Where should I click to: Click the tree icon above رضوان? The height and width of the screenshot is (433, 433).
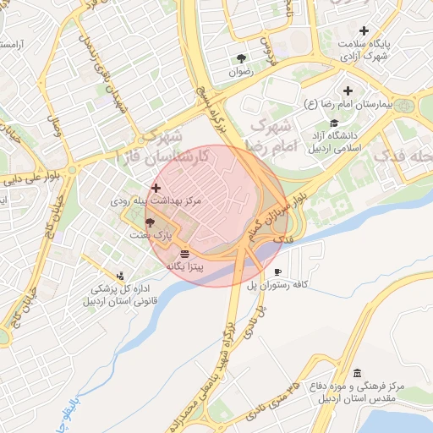(x=242, y=58)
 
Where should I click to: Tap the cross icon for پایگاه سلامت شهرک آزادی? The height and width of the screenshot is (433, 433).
(x=364, y=30)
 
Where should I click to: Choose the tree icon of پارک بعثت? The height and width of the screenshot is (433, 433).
(x=150, y=222)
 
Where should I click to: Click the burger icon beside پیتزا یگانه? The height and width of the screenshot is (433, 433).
(x=184, y=253)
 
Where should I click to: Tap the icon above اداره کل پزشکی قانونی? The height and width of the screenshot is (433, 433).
(x=120, y=275)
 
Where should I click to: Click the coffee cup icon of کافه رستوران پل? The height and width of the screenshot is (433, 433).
(x=278, y=272)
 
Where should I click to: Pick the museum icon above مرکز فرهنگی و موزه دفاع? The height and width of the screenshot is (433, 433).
(x=357, y=373)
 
